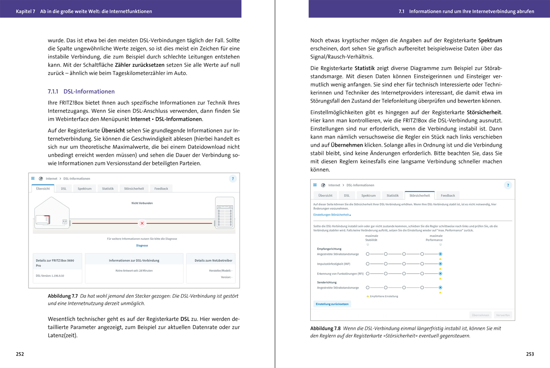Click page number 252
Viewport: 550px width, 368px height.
coord(20,354)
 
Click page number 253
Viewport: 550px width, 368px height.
coord(530,354)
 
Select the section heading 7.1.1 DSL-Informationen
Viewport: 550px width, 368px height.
coord(81,91)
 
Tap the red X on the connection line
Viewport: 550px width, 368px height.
coord(142,224)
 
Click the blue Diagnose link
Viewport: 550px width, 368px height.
coord(142,246)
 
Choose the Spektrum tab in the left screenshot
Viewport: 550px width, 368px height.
coord(85,188)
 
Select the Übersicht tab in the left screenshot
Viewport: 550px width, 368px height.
coord(43,188)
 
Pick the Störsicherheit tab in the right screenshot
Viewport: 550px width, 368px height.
coord(419,195)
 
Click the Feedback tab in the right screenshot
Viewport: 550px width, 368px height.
coord(448,195)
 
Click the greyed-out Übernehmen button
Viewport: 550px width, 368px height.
coord(480,315)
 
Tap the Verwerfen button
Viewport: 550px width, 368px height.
coord(503,315)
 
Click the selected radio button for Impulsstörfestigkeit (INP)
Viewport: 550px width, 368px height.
coord(440,264)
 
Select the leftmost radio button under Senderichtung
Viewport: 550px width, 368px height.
coord(367,288)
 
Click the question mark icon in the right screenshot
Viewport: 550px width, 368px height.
coord(508,185)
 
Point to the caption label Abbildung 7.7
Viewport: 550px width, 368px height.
coord(63,296)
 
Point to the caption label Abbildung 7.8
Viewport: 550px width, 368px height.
coord(325,328)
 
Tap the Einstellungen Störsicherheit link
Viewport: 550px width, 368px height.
coord(332,215)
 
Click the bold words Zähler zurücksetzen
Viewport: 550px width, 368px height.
coord(140,65)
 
